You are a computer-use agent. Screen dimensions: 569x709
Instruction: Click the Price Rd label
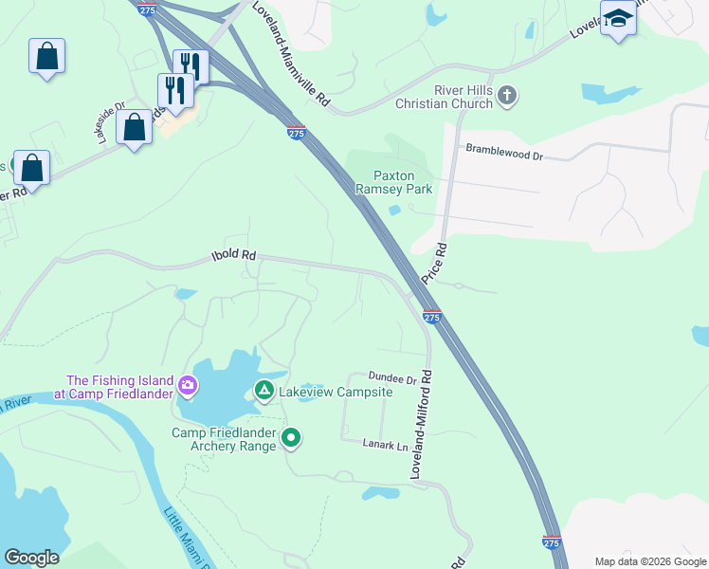(x=441, y=260)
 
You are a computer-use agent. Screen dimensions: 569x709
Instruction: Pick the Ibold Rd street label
(x=233, y=256)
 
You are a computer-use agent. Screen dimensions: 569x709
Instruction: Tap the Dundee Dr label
(x=393, y=378)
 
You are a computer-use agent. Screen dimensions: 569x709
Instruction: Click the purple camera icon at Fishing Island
(x=187, y=385)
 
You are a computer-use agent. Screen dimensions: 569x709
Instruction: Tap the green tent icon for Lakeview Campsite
(x=264, y=391)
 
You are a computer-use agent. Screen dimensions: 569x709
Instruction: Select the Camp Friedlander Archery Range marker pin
(x=292, y=438)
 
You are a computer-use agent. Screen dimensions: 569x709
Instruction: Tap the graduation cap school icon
(x=618, y=19)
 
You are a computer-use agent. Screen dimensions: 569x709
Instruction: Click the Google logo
(x=31, y=558)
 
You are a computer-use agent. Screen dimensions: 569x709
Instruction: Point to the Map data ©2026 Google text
(x=649, y=561)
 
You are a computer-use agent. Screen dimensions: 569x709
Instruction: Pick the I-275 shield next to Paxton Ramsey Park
(x=296, y=134)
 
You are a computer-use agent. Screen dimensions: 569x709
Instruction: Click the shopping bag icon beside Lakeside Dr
(x=134, y=127)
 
